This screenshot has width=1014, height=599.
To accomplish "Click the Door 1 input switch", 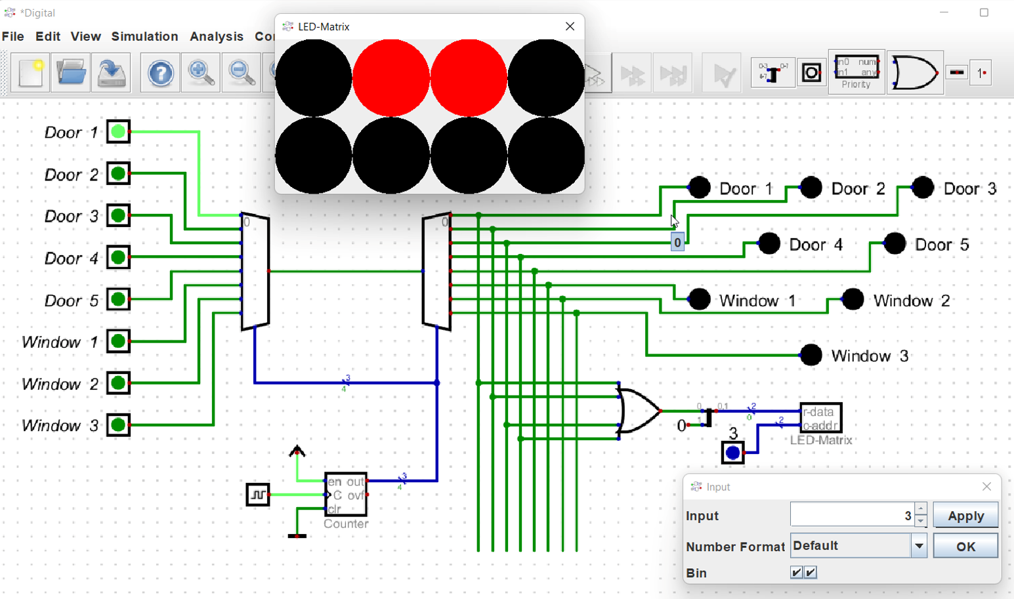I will coord(118,132).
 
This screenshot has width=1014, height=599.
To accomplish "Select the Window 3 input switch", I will coord(118,425).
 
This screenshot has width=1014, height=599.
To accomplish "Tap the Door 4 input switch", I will coord(118,257).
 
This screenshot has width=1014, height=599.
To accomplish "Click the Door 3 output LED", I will coord(923,188).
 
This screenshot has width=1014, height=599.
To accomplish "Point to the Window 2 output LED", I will coord(853,299).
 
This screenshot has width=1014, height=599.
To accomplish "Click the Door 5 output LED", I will coord(895,243).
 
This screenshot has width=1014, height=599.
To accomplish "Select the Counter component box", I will coord(346,495).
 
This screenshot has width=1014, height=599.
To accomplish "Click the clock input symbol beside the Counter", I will coord(257,495).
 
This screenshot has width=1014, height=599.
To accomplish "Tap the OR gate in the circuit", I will coord(637,411).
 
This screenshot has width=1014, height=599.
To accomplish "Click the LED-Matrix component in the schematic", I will coord(820,418).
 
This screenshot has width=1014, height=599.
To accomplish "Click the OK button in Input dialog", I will coord(965,546).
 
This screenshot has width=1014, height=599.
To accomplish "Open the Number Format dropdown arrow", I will coord(919,546).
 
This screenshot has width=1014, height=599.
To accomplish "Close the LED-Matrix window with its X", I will coord(570,26).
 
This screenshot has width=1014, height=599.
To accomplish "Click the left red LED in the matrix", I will coord(391,77).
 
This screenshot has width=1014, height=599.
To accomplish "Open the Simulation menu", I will coord(144,37).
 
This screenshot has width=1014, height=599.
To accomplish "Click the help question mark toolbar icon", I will coord(160,73).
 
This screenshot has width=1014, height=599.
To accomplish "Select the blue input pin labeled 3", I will coord(732,453).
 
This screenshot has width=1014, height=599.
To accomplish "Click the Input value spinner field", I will coord(852,516).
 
